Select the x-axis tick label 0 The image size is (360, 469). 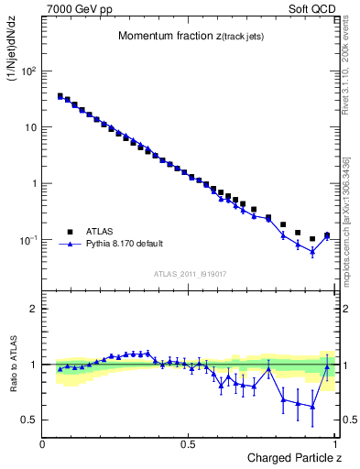point(43,444)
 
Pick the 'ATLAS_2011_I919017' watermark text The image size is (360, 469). point(189,273)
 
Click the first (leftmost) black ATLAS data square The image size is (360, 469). point(60,95)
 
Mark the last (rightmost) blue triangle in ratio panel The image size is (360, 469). point(327,366)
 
